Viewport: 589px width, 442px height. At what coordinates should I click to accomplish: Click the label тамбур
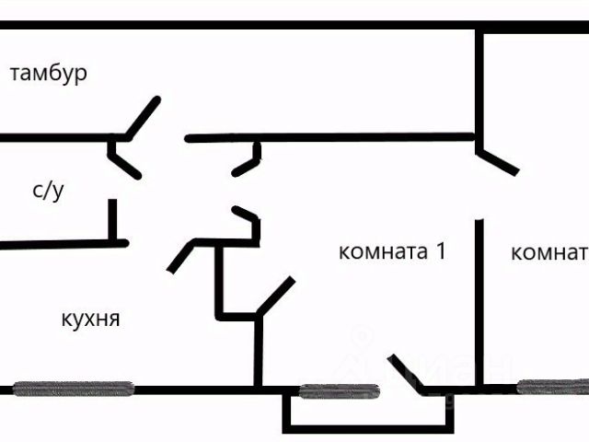coord(49,74)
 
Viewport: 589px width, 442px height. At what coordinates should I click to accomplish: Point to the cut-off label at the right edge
coord(549,252)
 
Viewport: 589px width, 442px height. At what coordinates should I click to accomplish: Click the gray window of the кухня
coord(73,389)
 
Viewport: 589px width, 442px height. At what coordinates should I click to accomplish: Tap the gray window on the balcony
coord(340,390)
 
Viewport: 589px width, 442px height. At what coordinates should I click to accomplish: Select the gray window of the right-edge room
coord(552,387)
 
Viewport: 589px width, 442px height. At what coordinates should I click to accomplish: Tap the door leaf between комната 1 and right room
coord(498,157)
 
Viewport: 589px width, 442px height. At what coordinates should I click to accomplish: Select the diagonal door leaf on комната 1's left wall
coord(276,296)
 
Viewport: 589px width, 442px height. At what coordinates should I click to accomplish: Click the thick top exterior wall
coord(294,26)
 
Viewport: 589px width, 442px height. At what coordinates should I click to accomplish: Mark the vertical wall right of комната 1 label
coord(478,295)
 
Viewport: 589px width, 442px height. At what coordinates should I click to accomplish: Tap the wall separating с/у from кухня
coord(60,243)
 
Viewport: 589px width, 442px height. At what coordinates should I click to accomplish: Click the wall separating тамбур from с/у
coord(55,138)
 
